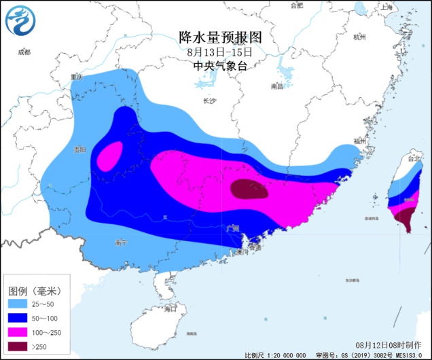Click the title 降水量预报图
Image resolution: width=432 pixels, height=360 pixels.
point(219,36)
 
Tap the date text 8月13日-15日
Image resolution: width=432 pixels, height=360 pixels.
point(219,51)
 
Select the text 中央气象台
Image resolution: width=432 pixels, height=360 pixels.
point(219,66)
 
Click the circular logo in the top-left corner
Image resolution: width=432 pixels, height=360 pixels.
point(20,20)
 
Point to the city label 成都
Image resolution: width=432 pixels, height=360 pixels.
point(24,52)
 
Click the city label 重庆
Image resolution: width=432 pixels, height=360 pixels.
point(76,77)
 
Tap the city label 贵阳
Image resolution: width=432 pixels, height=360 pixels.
point(79,149)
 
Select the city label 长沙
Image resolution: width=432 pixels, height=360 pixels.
point(209,101)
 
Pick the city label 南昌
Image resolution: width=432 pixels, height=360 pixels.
point(276,86)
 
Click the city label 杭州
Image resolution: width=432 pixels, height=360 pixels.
point(360,37)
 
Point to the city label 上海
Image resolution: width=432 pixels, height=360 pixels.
point(388,7)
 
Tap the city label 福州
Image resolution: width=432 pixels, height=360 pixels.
point(359,141)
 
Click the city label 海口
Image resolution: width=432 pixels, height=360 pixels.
point(170,308)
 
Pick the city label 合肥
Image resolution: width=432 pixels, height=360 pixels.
point(296,5)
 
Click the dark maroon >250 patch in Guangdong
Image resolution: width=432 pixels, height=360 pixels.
point(249,190)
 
